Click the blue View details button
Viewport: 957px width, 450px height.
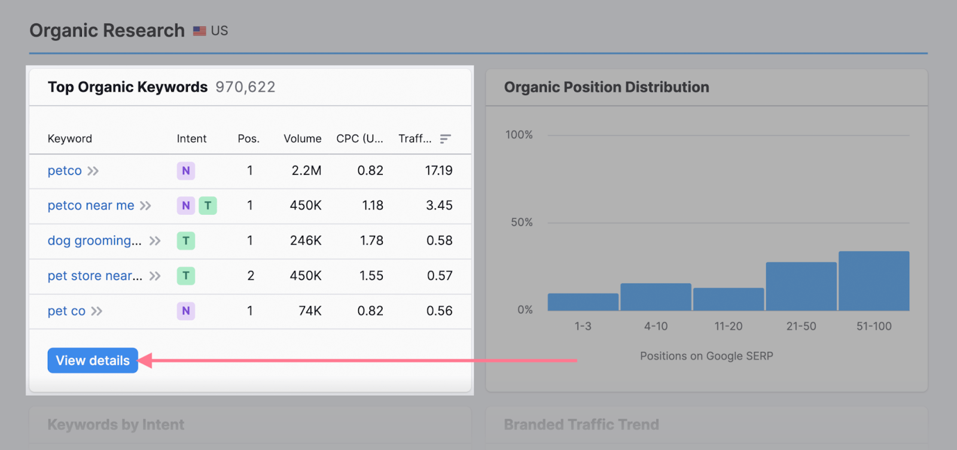coord(93,360)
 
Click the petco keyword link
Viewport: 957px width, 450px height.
coord(65,171)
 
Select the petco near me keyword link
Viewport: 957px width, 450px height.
coord(91,205)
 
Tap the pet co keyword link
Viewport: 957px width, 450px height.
coord(66,311)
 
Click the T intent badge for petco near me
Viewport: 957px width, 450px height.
coord(208,205)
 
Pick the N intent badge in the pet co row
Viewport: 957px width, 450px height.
coord(186,311)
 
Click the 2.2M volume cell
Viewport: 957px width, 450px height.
coord(306,171)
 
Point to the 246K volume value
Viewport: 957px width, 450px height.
coord(306,241)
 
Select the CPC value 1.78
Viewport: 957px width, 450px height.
coord(371,241)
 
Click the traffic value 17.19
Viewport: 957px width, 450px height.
coord(438,171)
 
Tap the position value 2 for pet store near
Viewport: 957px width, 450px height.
coord(251,276)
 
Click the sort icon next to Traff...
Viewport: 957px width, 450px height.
coord(445,139)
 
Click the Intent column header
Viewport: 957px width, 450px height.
coord(191,139)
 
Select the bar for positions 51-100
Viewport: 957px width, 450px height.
coord(874,281)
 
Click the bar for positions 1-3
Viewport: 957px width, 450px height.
coord(583,302)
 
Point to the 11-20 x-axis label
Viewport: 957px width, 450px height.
coord(728,326)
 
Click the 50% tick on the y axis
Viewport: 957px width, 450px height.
coord(521,223)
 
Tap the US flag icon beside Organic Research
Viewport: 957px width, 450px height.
coord(199,31)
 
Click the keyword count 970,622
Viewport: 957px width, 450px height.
coord(245,87)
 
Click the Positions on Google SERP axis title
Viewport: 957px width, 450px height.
coord(706,356)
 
